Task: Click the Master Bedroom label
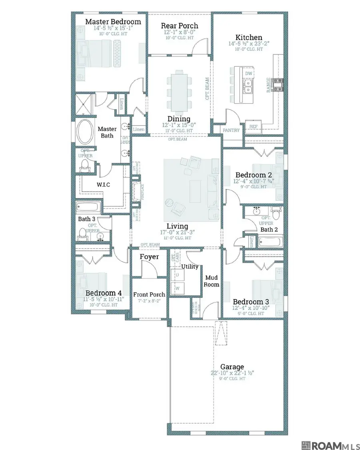coord(113,22)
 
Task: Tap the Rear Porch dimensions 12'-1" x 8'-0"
coord(180,32)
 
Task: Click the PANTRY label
coord(231,130)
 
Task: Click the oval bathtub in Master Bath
coord(84,132)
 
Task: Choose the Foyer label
coord(149,257)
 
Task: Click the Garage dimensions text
coord(232,373)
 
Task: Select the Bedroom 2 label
coord(251,175)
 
